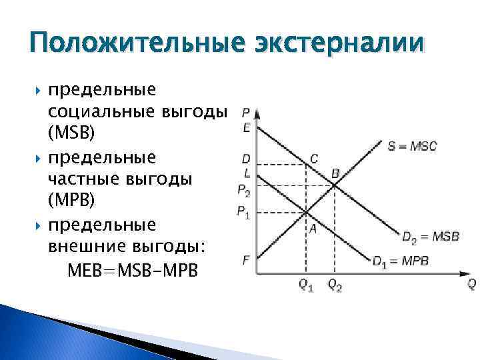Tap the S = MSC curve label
coord(412,146)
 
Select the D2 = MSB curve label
coord(430,237)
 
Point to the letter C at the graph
coord(314,159)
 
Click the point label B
coord(335,173)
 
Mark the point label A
coord(311,227)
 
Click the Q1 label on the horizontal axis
coord(305,285)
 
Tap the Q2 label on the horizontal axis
coord(335,285)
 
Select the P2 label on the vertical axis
coord(244,191)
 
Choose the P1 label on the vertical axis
coord(244,213)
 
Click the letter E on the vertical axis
coord(247,127)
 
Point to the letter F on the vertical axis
coord(247,260)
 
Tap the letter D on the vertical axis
coord(247,159)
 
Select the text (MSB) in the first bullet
coord(71,133)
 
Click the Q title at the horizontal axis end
coord(471,284)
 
